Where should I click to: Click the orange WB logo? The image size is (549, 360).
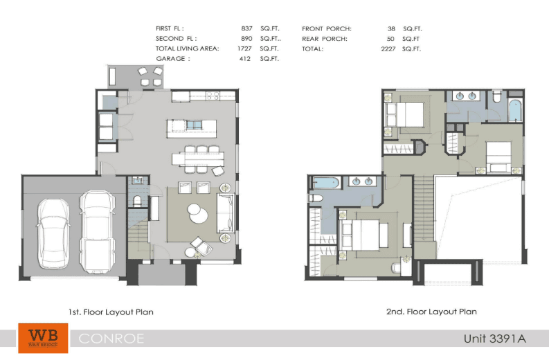(43, 338)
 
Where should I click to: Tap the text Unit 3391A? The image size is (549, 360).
(495, 339)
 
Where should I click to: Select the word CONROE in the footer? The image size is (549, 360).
(111, 339)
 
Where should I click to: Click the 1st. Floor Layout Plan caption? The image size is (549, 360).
(111, 312)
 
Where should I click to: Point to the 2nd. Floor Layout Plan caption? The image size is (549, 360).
(431, 312)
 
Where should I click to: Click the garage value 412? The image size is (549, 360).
(245, 58)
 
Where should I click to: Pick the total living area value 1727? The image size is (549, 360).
(244, 48)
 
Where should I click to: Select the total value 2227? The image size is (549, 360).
(388, 48)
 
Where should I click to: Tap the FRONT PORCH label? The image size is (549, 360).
(327, 28)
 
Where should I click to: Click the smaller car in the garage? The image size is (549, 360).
(53, 234)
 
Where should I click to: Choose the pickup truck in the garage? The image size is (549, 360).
(98, 232)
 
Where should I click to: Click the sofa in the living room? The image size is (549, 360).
(225, 213)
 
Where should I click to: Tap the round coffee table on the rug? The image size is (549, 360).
(197, 213)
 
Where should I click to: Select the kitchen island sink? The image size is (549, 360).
(194, 125)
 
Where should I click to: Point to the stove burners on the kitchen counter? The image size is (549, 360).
(212, 96)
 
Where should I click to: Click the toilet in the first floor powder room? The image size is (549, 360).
(137, 201)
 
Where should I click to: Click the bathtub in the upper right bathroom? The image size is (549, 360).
(515, 111)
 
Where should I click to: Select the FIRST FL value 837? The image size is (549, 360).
(247, 28)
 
